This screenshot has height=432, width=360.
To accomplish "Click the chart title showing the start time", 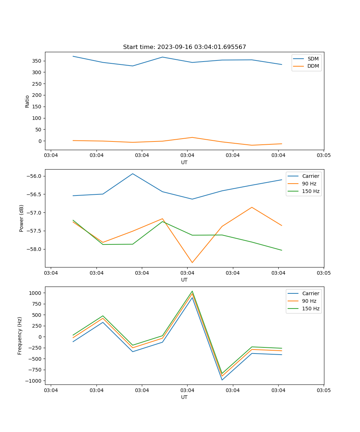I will [x=184, y=47].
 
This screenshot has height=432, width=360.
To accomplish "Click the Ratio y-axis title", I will [x=27, y=101].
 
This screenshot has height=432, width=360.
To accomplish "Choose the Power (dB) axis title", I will [x=22, y=218].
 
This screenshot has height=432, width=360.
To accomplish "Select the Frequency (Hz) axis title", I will [x=20, y=336].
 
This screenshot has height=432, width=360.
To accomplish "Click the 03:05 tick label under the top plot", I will [x=324, y=155].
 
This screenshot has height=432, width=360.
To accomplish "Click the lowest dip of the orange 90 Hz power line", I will [x=192, y=262].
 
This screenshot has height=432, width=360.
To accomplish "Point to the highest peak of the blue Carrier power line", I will [x=132, y=174].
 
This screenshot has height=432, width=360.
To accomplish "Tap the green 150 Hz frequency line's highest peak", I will [x=192, y=291].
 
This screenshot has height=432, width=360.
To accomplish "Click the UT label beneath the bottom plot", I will [x=184, y=397].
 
